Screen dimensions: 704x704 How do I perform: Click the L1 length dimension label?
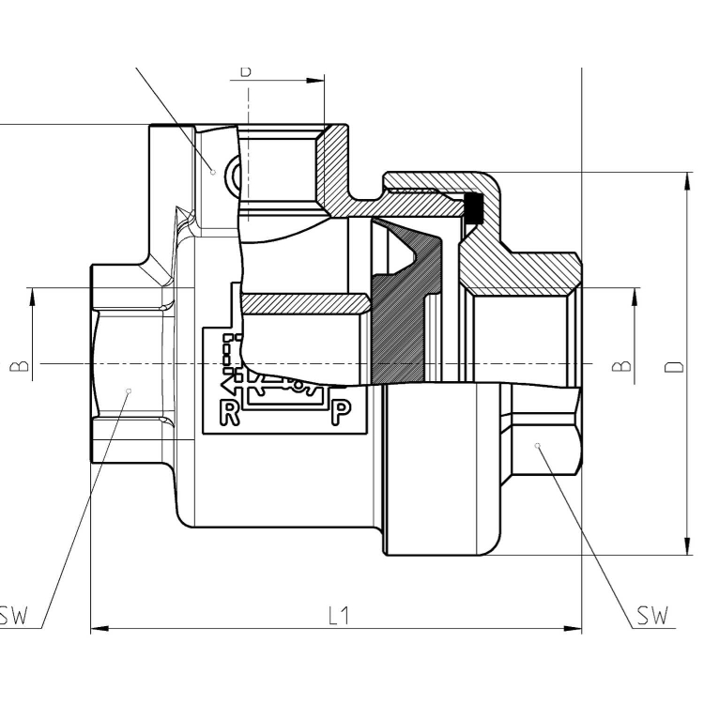click(338, 616)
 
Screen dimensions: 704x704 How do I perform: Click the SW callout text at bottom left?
click(15, 617)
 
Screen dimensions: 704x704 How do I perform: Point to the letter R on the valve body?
click(229, 412)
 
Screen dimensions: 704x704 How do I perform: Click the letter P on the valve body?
click(342, 412)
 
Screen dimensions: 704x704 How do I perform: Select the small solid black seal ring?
click(474, 209)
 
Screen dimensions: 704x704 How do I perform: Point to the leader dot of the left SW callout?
click(130, 390)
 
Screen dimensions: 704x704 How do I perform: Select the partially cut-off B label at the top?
click(246, 70)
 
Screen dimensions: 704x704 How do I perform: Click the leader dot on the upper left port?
click(214, 172)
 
